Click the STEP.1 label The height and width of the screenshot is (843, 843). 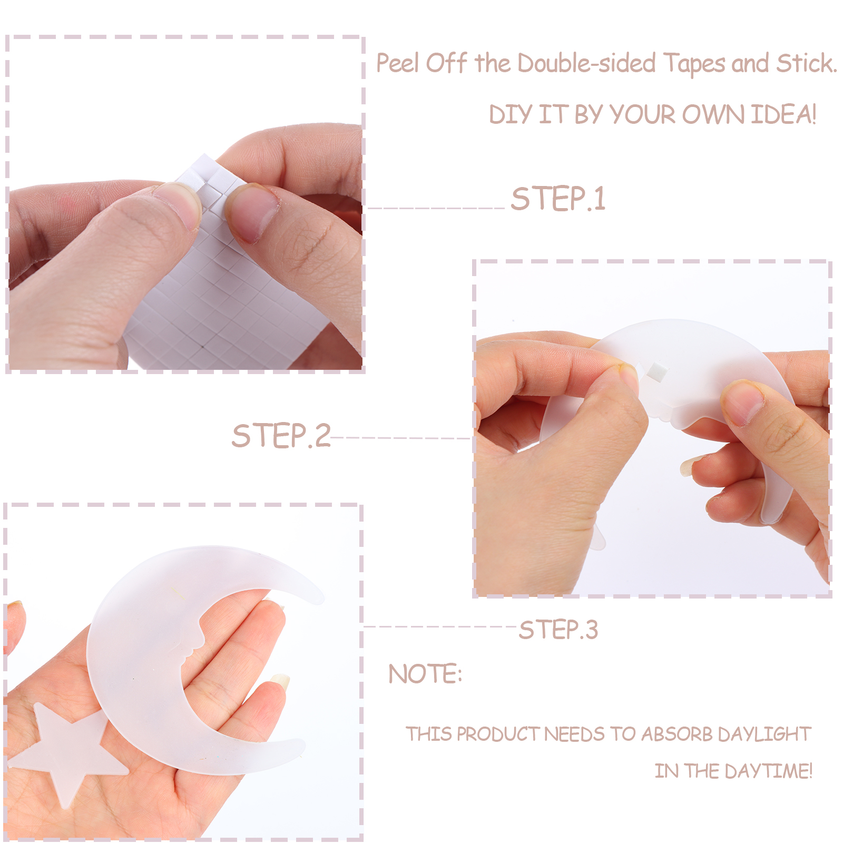pos(558,199)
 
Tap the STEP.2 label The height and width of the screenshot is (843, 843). pos(281,436)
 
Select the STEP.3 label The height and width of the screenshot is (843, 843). pos(558,630)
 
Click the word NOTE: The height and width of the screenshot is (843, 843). pos(425,674)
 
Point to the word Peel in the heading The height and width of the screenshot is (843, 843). pos(398,63)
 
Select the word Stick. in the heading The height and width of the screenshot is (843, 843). pos(807,63)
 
